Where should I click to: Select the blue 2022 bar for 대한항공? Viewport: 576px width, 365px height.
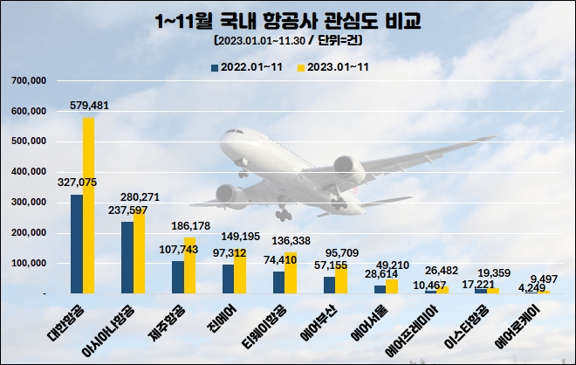[x=77, y=244]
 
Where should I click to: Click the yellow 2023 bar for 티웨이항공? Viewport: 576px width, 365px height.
[x=291, y=272]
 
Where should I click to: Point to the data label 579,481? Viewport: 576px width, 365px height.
[x=90, y=106]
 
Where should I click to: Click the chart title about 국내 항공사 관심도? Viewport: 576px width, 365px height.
[x=287, y=19]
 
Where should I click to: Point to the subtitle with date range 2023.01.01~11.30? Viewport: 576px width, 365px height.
[x=287, y=40]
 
